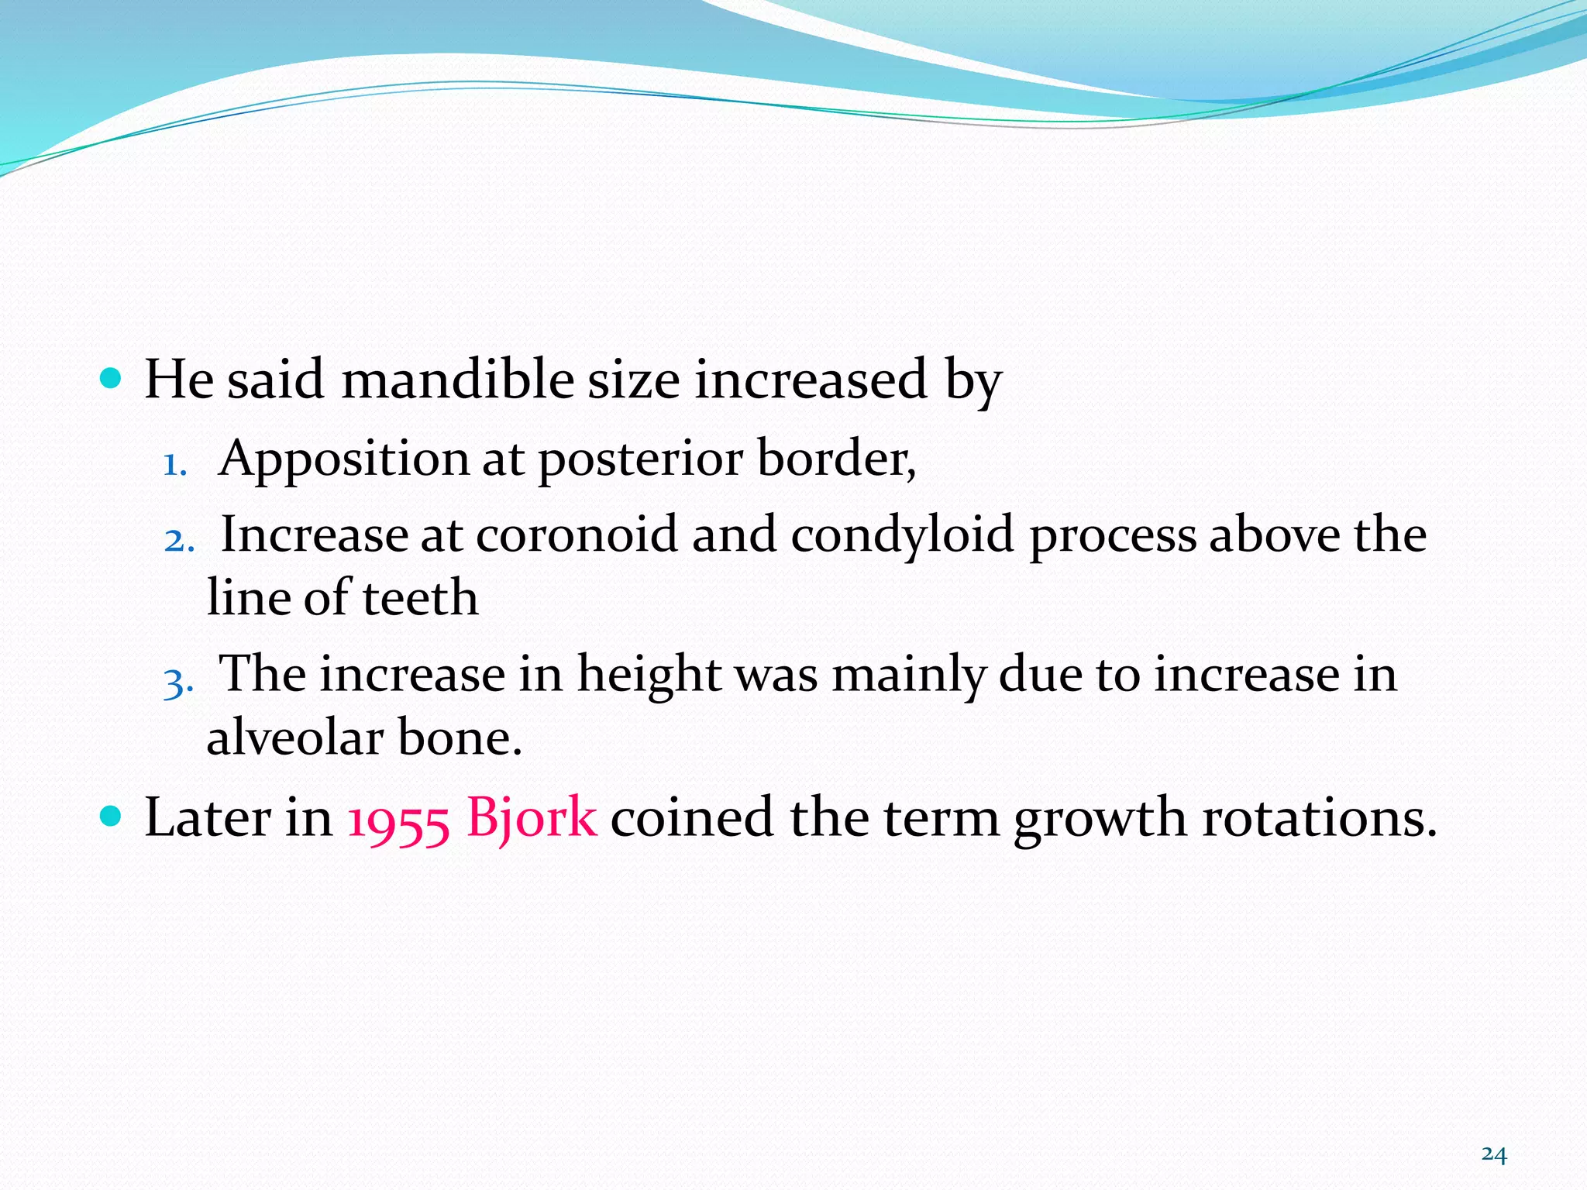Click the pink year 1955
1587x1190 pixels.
[x=398, y=820]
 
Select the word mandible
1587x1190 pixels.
[x=457, y=380]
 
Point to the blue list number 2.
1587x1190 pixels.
[x=178, y=540]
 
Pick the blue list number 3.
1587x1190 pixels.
[x=177, y=683]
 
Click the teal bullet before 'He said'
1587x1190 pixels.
[x=112, y=378]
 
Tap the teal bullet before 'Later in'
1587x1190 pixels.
[x=112, y=816]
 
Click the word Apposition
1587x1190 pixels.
[x=343, y=459]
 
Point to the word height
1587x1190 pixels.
[x=649, y=675]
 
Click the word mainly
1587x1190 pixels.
[x=908, y=675]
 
